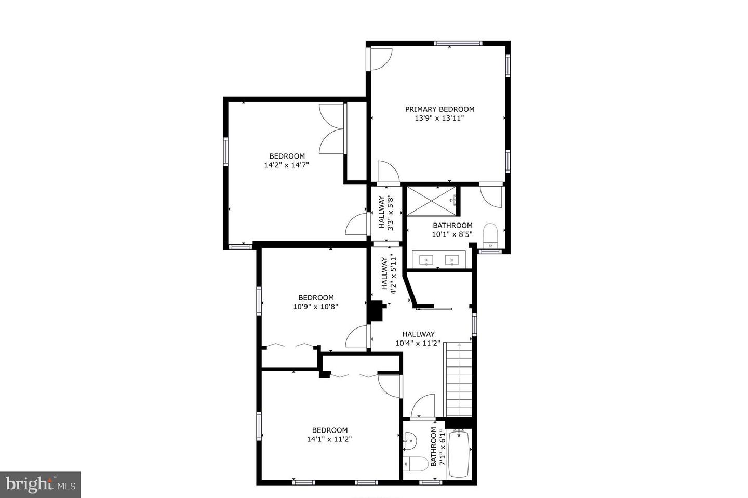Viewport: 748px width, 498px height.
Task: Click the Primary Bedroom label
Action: (439, 109)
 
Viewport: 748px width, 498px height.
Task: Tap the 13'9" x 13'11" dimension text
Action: (439, 119)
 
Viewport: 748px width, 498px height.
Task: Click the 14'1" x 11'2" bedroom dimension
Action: (329, 439)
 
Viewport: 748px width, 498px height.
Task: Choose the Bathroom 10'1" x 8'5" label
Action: (452, 230)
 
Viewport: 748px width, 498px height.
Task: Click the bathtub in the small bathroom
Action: (459, 454)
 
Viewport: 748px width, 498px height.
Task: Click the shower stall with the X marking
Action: (432, 200)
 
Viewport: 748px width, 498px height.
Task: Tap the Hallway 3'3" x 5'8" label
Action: (386, 212)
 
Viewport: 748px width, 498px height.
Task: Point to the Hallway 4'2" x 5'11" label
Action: (389, 274)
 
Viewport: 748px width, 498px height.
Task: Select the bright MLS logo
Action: (40, 485)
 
